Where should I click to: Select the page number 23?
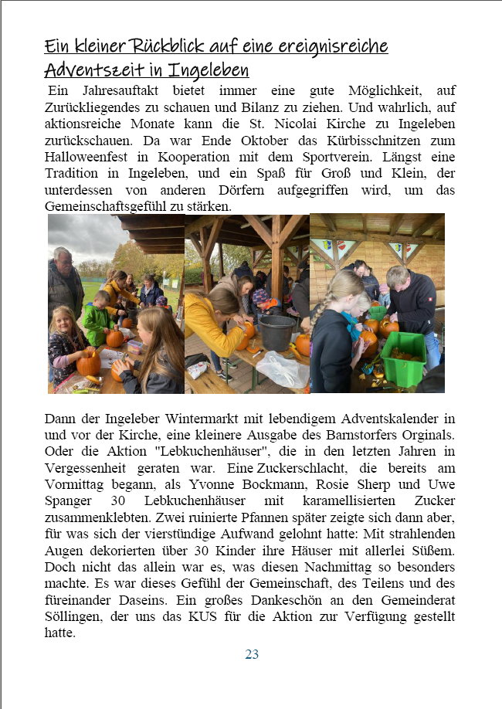[x=252, y=654]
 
